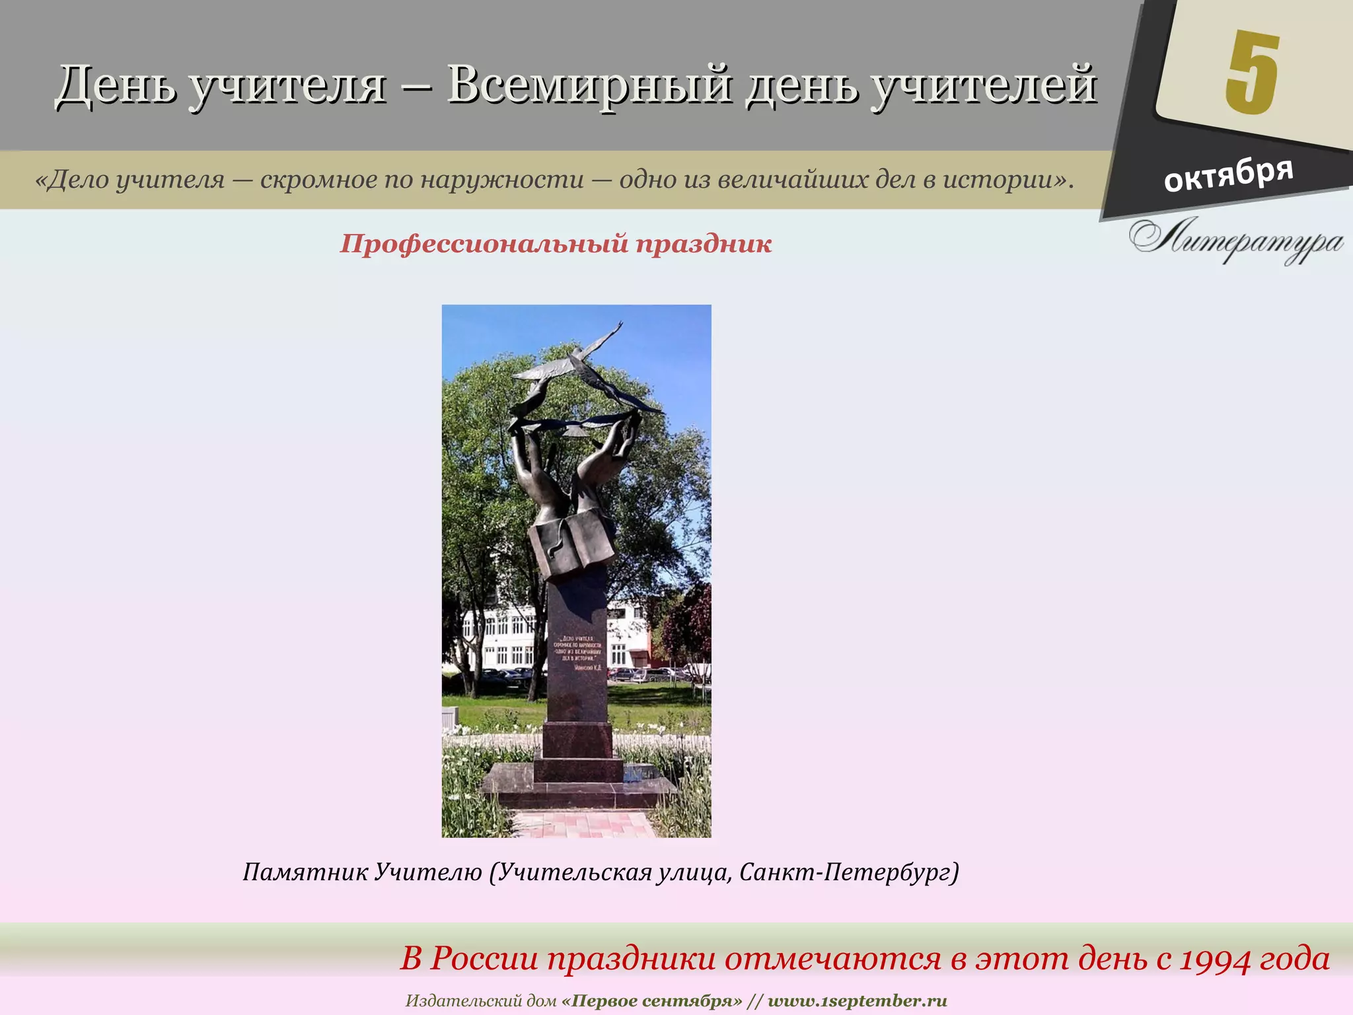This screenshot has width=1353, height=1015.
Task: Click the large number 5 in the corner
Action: click(x=1252, y=73)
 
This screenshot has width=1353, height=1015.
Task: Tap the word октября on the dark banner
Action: click(x=1228, y=174)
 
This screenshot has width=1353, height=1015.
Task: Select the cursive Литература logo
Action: click(x=1235, y=241)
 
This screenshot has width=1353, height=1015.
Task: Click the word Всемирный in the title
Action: click(x=589, y=85)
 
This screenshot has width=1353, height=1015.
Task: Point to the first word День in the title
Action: click(x=116, y=85)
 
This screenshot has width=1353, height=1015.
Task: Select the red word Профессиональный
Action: click(x=484, y=244)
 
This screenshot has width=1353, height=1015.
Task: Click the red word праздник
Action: click(x=704, y=244)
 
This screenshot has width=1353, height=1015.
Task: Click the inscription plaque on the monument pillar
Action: click(x=577, y=653)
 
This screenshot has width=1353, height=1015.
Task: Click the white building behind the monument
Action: click(x=502, y=634)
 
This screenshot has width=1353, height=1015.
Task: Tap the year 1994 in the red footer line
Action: click(x=1216, y=959)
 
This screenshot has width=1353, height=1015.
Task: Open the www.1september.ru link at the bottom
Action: click(x=857, y=1000)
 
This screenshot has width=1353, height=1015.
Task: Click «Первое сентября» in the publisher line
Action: click(x=653, y=1000)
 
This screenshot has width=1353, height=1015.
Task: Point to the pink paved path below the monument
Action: click(x=581, y=824)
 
